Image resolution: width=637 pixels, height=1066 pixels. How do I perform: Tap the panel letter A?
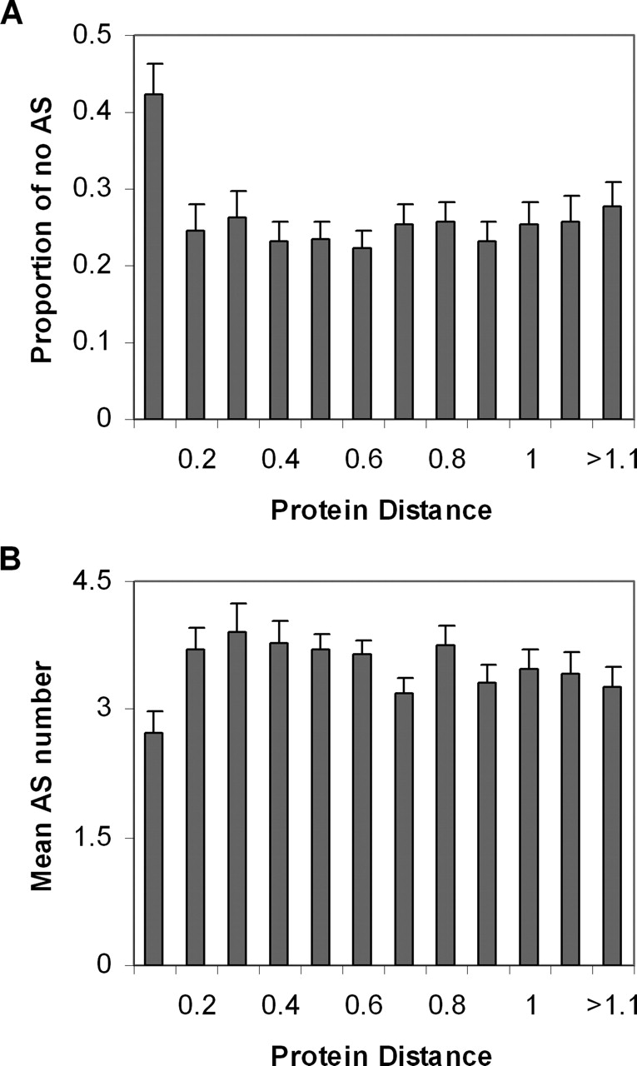pos(12,14)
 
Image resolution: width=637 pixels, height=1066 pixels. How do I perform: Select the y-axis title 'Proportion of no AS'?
pos(40,227)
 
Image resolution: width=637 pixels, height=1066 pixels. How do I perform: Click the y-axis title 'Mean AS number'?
pos(40,772)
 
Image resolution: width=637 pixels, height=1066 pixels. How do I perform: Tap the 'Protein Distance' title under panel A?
pos(381,510)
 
